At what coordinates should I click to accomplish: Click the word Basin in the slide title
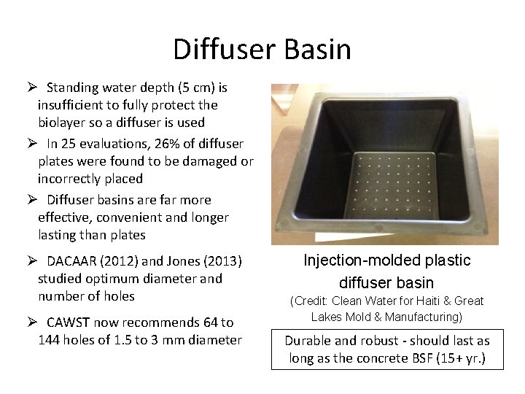tap(319, 50)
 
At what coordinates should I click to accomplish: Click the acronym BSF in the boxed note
tap(414, 358)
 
